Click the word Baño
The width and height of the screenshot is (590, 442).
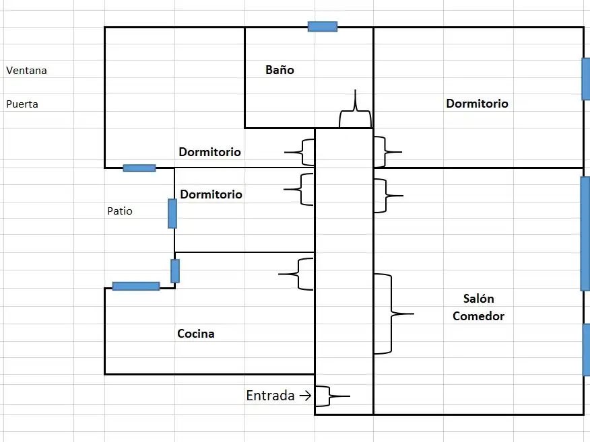[x=280, y=70]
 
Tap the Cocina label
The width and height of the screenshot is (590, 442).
[x=196, y=334]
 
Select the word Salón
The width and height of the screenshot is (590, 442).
[x=478, y=299]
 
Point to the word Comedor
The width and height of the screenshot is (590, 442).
[x=478, y=316]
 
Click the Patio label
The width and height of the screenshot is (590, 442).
[x=120, y=211]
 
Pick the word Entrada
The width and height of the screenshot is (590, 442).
[x=270, y=396]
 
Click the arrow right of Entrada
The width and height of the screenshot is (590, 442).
[x=305, y=396]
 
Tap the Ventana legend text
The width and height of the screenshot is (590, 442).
[x=26, y=70]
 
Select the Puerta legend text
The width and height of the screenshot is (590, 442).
[x=22, y=104]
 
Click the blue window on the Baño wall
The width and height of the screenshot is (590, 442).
[x=323, y=27]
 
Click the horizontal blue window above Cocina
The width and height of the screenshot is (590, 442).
[x=136, y=287]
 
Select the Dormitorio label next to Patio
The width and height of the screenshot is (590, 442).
[x=211, y=194]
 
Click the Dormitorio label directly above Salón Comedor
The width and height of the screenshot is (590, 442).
[x=477, y=104]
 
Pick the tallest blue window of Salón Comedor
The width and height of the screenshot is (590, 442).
[x=585, y=233]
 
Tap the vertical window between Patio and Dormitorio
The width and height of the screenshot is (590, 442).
[x=172, y=213]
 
